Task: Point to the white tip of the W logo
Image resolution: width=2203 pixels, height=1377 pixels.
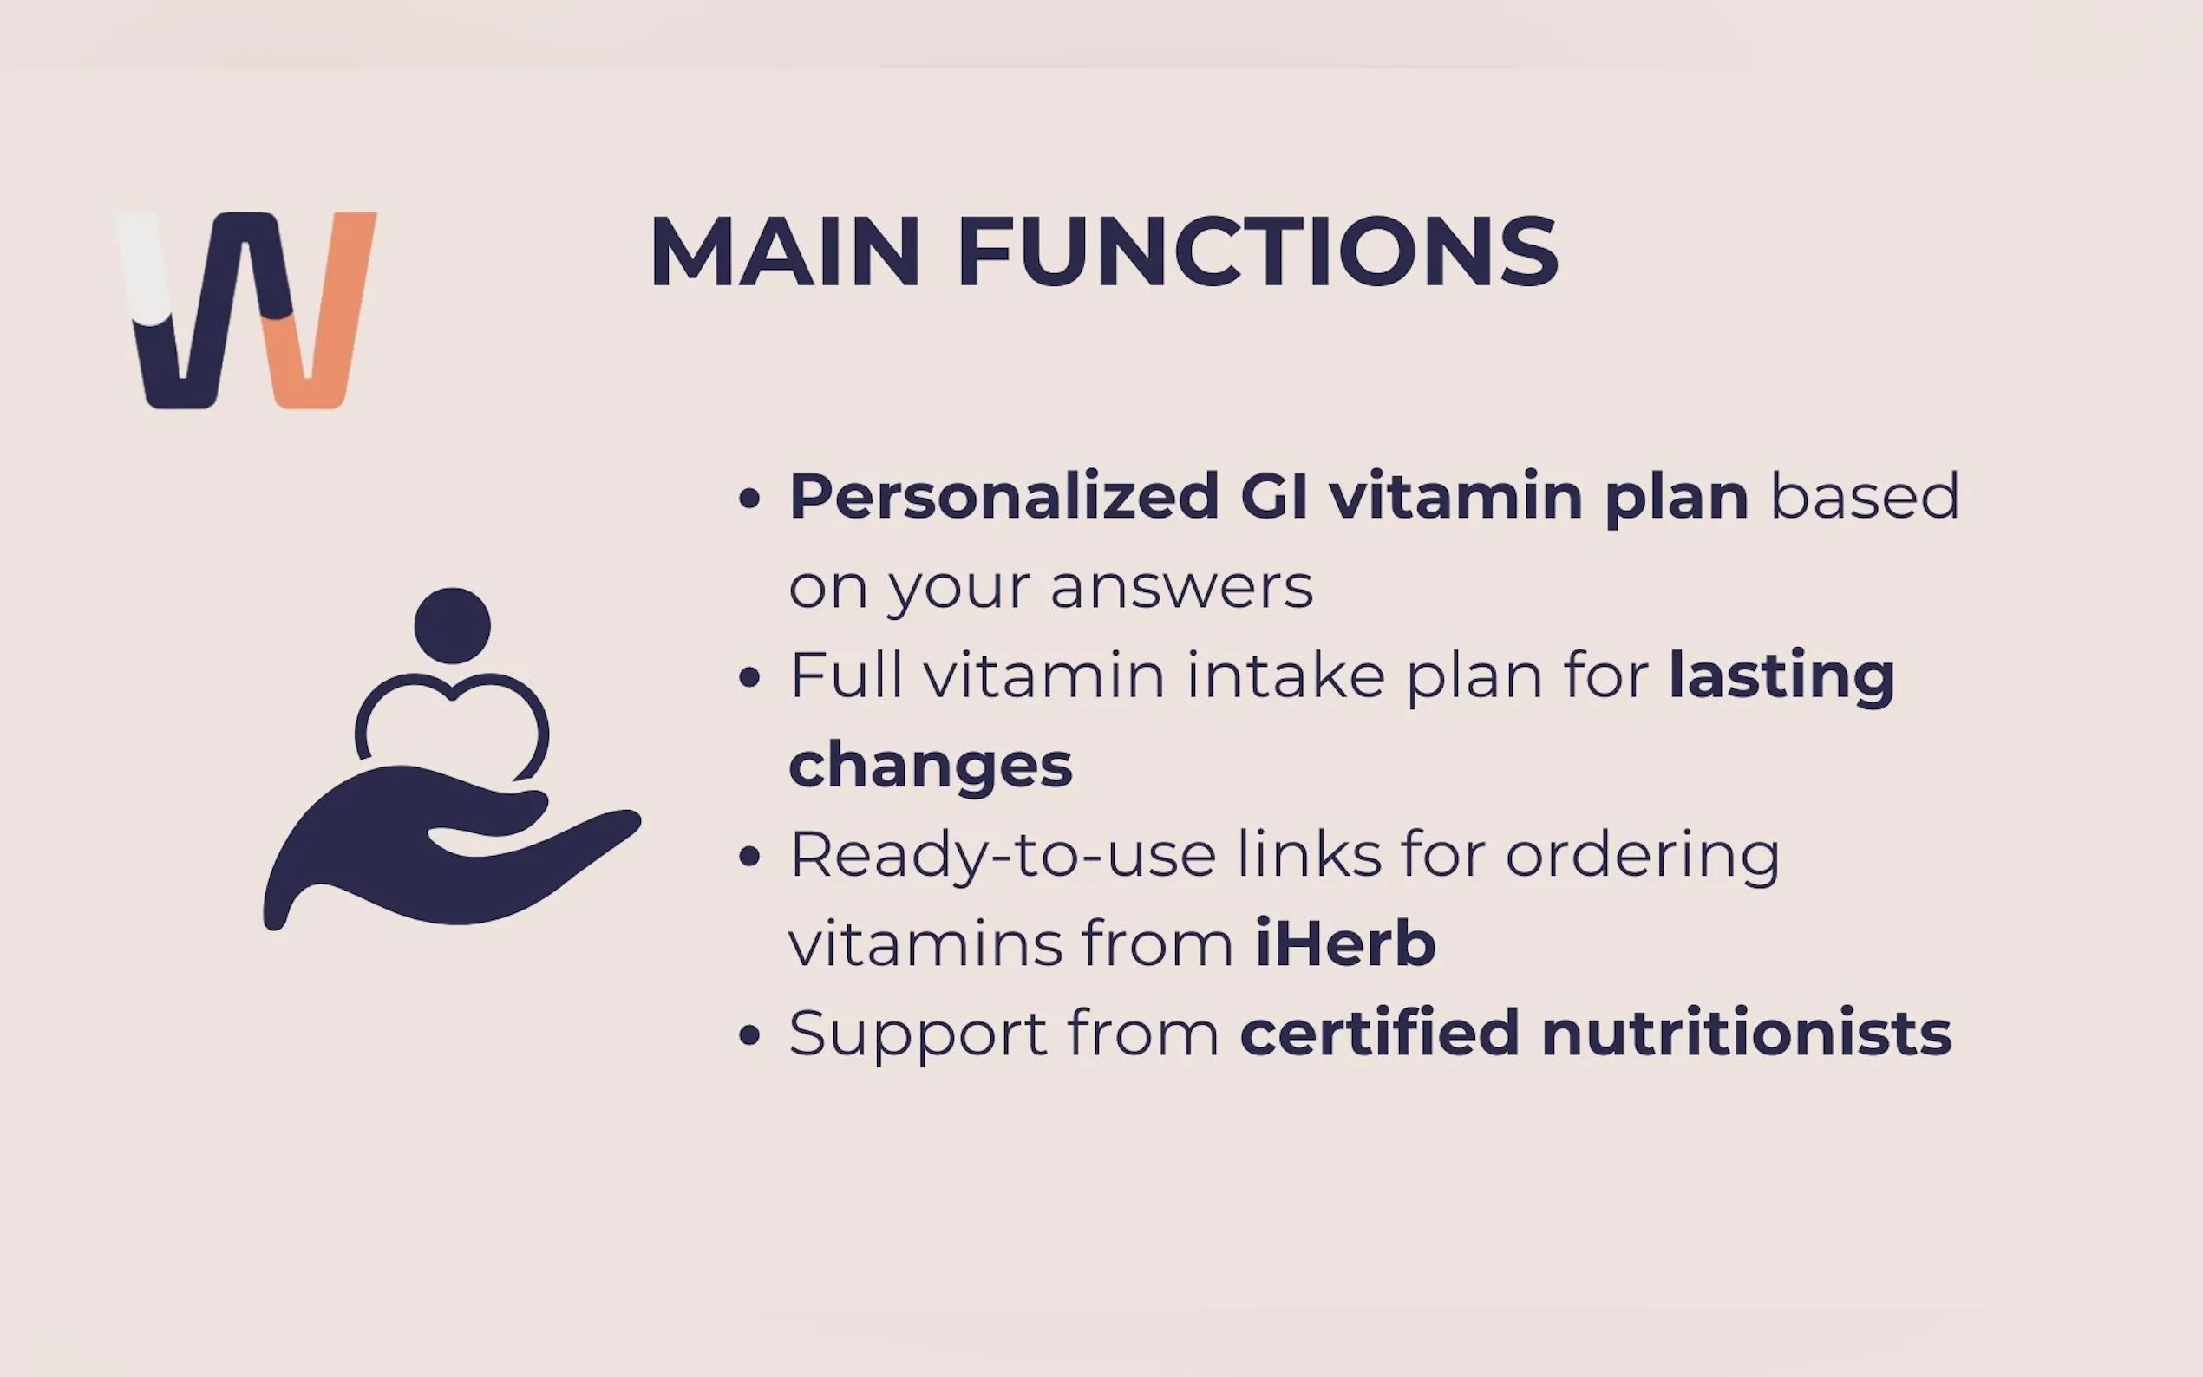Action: coord(143,267)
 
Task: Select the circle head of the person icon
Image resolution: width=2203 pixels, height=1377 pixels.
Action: coord(453,626)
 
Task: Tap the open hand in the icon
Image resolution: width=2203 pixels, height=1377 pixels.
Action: coord(452,847)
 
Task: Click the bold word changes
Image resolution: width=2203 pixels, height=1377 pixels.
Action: coord(931,765)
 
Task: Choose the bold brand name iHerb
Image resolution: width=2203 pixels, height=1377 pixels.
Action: coord(1345,943)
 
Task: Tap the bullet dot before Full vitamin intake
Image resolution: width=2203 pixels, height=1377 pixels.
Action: coord(749,676)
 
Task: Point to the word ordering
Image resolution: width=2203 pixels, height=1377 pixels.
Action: coord(1642,856)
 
